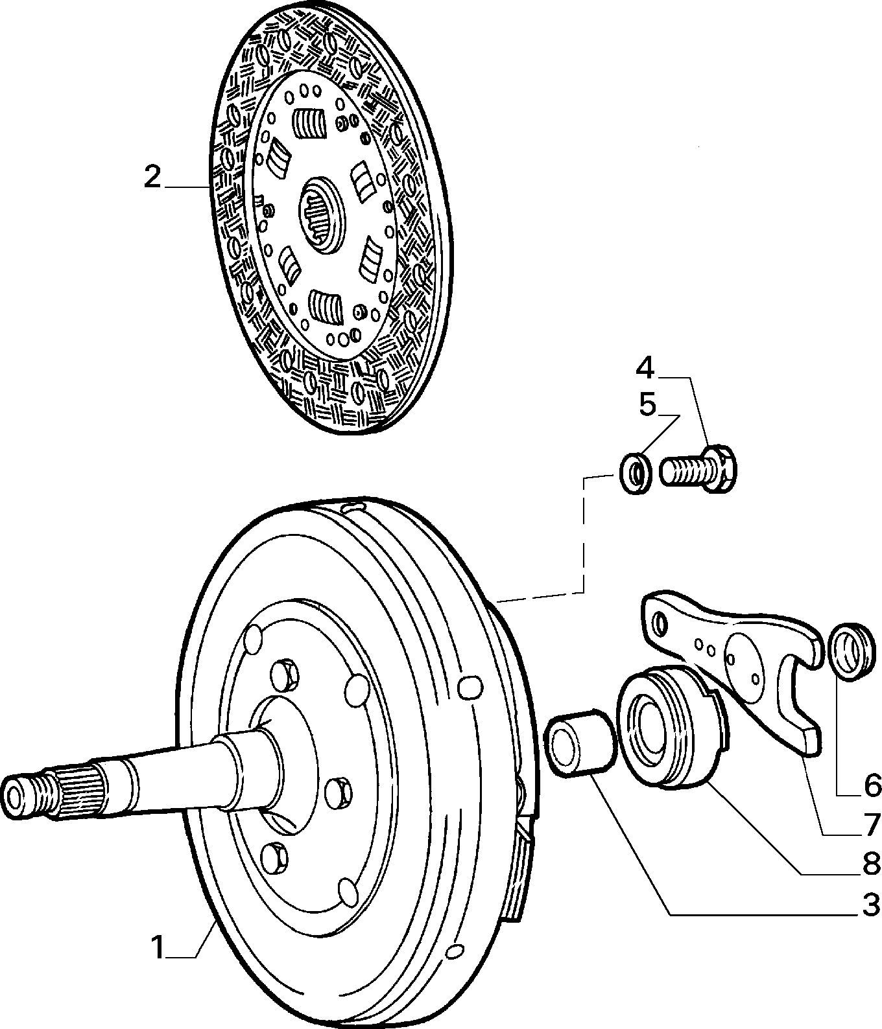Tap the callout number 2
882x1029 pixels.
coord(152,177)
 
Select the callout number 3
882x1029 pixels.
coord(870,887)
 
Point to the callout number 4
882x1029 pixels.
coord(645,368)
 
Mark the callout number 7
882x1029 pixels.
coord(870,823)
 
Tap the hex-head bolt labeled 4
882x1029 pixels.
coord(699,467)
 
